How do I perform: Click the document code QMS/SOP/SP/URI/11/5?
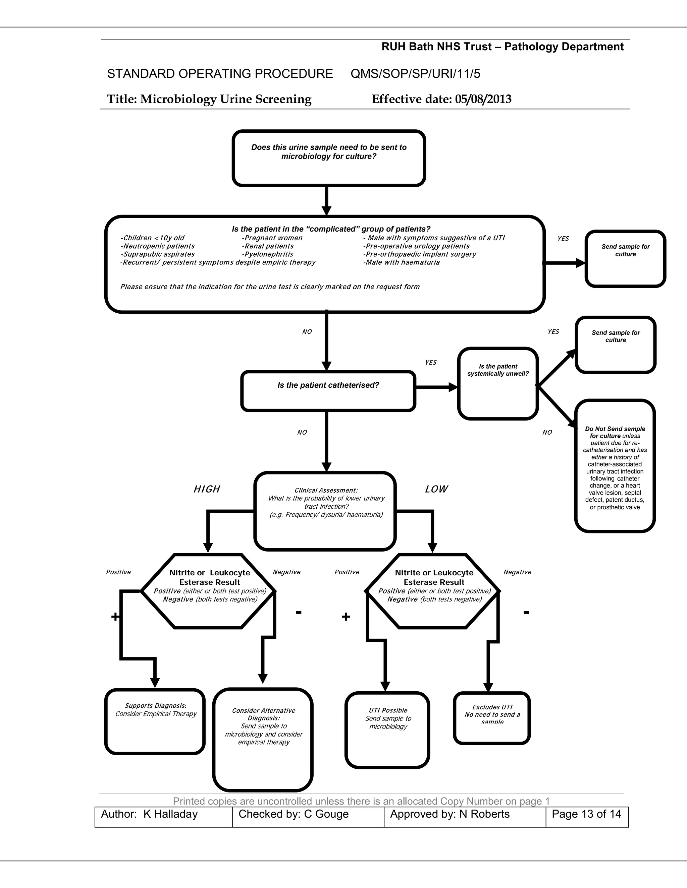click(x=415, y=74)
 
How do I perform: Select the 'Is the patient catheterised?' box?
click(x=328, y=391)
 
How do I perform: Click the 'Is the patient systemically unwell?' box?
click(x=498, y=383)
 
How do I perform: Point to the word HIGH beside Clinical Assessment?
click(x=207, y=489)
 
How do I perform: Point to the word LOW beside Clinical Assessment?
click(x=436, y=489)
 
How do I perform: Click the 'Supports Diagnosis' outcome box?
click(x=155, y=721)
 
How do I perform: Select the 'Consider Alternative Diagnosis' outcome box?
click(x=263, y=739)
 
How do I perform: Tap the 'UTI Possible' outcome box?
click(x=387, y=730)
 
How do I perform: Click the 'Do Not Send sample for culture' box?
click(x=615, y=466)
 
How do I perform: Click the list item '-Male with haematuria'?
click(x=401, y=262)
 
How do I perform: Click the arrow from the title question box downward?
click(x=326, y=201)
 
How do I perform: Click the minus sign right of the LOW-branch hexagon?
click(x=526, y=612)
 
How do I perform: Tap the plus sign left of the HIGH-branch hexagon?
click(x=115, y=617)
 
